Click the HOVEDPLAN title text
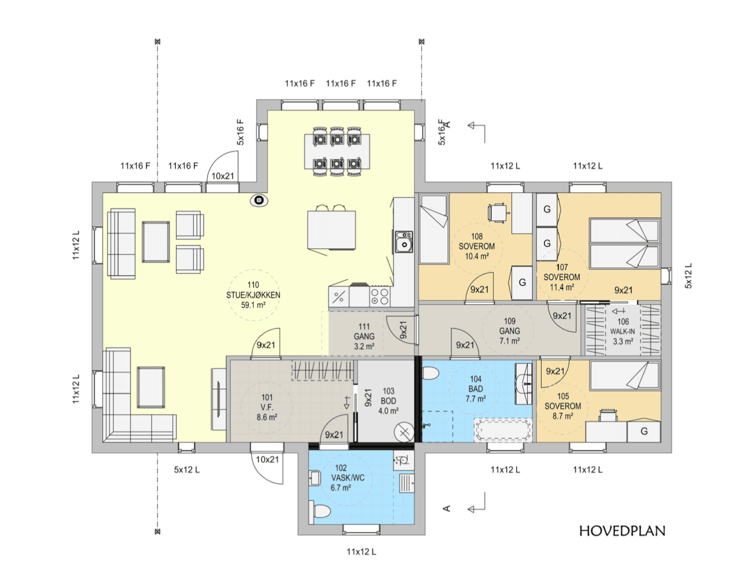622,531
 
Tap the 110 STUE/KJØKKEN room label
253,295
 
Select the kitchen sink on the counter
404,241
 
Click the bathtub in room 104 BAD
503,430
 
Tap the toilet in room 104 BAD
430,373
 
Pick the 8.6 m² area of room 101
267,417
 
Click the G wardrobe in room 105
644,431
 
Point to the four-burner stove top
380,297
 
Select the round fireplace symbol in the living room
259,200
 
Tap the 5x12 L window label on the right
688,276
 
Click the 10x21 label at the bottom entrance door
267,459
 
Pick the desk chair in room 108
497,213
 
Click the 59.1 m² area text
253,305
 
